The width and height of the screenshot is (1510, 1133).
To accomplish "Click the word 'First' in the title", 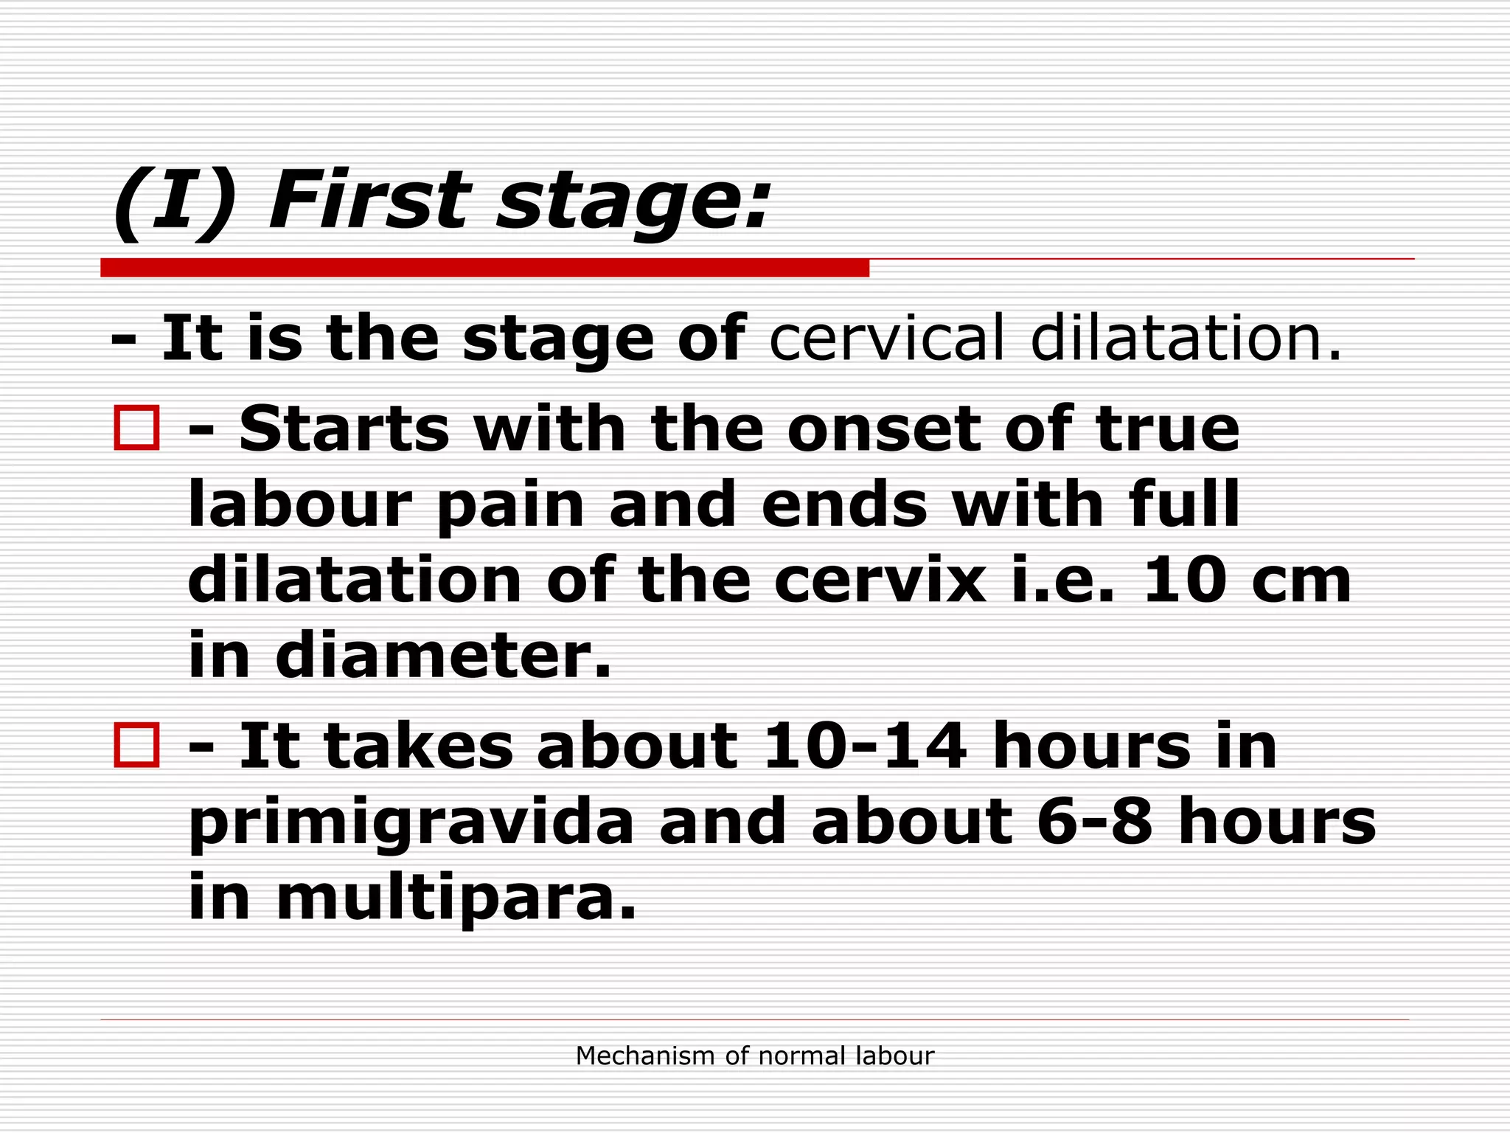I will point(369,201).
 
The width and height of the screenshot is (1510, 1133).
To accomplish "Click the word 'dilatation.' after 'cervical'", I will point(1186,339).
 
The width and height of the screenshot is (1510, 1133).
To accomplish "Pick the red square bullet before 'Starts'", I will point(137,428).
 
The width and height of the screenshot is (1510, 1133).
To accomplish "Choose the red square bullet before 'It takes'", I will point(137,745).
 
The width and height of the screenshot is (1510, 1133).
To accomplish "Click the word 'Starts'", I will point(344,429).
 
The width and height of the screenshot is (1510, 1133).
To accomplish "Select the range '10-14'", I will point(865,746).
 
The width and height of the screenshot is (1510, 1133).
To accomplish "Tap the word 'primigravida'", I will point(411,825).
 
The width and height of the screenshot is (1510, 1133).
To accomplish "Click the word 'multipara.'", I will point(456,898).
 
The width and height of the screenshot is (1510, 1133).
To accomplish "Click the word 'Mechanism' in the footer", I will point(646,1056).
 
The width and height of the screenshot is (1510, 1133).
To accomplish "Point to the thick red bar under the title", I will point(484,268).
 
